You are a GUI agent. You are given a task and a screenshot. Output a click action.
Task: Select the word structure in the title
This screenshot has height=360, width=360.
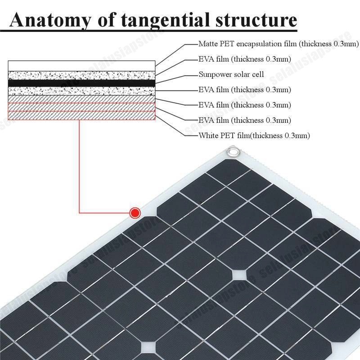[x=255, y=20]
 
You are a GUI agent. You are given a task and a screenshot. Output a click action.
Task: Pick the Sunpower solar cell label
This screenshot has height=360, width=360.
[x=231, y=74]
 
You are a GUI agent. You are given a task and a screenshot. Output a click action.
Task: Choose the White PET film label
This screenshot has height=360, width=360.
[x=254, y=135]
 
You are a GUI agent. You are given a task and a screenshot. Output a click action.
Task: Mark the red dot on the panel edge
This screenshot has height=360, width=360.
[x=135, y=212]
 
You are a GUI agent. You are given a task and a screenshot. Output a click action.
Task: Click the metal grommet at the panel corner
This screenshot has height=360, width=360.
[x=233, y=152]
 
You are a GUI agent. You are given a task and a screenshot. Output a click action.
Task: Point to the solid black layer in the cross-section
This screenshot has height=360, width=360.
[x=81, y=83]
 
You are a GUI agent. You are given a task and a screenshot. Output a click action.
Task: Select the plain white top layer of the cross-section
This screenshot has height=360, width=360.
[x=81, y=66]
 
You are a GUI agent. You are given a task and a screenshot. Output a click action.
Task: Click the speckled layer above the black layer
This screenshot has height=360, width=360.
[x=81, y=75]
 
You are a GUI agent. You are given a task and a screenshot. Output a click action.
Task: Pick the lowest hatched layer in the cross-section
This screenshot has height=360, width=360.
[x=81, y=115]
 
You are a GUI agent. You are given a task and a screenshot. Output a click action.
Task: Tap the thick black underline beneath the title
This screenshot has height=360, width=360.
[x=148, y=31]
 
